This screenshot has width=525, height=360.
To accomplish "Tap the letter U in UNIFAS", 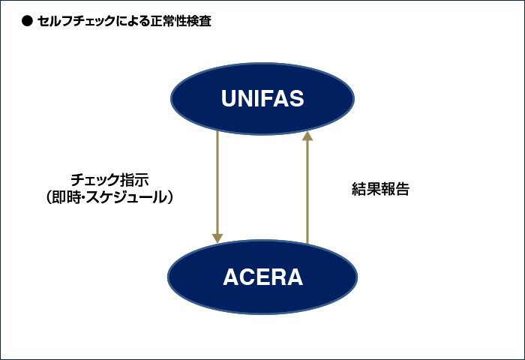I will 229,99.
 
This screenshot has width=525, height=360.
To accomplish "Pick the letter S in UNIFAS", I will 296,99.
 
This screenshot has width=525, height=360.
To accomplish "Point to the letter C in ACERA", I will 248,277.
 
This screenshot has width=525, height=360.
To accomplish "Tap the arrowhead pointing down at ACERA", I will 217,238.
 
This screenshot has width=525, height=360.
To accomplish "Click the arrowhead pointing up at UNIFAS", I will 307,136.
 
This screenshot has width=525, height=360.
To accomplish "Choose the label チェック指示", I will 109,180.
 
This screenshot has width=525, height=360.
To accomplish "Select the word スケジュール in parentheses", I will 128,198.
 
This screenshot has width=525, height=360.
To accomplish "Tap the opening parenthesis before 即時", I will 52,198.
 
